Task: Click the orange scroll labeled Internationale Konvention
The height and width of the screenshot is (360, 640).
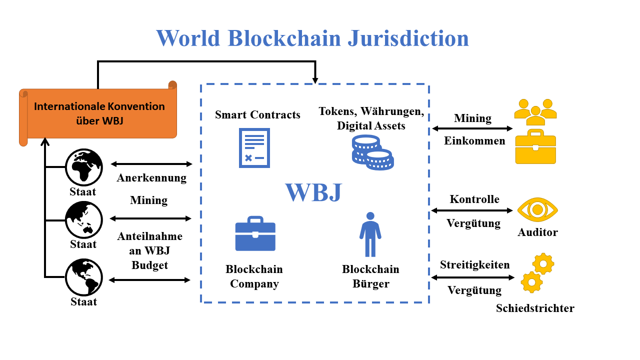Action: tap(98, 113)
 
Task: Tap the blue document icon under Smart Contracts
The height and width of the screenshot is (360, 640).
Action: tap(254, 148)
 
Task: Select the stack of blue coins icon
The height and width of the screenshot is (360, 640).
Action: tap(372, 152)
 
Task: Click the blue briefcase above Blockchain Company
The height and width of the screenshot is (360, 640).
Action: tap(255, 233)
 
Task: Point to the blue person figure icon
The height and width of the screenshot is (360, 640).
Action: tap(370, 234)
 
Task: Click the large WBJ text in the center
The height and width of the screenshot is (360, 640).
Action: tap(313, 192)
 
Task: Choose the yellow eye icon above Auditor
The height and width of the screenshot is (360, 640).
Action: tap(537, 209)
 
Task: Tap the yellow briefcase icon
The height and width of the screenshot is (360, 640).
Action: tap(535, 146)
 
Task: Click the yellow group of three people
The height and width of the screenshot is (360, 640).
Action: tap(535, 112)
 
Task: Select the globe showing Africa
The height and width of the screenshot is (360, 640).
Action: tap(83, 167)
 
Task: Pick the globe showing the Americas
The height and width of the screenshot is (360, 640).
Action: tap(83, 277)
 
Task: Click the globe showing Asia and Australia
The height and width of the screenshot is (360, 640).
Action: tap(83, 219)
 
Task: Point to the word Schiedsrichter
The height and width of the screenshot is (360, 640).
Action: tap(535, 308)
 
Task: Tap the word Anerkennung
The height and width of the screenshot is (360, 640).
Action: tap(151, 178)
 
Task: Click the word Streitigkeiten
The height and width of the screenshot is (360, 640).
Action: tap(475, 264)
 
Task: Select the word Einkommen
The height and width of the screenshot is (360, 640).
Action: tap(474, 141)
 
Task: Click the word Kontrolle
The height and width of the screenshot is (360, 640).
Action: tap(474, 199)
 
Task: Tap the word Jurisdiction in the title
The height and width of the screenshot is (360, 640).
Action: tap(408, 38)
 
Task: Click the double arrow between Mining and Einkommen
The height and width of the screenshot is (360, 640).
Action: tap(472, 128)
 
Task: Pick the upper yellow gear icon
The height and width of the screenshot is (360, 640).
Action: tap(543, 263)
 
